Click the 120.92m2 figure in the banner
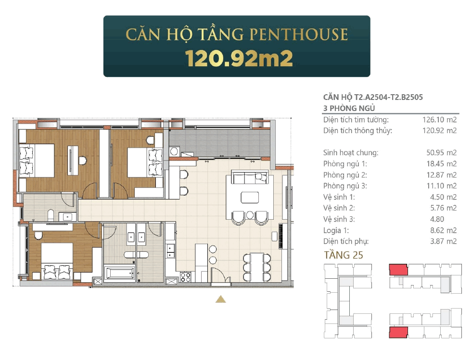pyautogui.click(x=239, y=58)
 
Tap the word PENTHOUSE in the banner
pyautogui.click(x=299, y=34)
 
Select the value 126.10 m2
pyautogui.click(x=439, y=120)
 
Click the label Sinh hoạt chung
pyautogui.click(x=351, y=153)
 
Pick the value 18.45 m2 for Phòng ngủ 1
pyautogui.click(x=441, y=163)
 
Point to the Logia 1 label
pyautogui.click(x=336, y=230)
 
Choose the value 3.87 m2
pyautogui.click(x=443, y=241)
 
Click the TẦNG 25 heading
pyautogui.click(x=344, y=255)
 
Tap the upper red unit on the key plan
pyautogui.click(x=398, y=270)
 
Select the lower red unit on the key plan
pyautogui.click(x=398, y=333)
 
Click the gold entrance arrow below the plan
pyautogui.click(x=221, y=299)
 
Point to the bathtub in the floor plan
pyautogui.click(x=119, y=273)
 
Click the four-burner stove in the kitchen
pyautogui.click(x=185, y=277)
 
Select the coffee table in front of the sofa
pyautogui.click(x=250, y=198)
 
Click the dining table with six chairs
pyautogui.click(x=257, y=267)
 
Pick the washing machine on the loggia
pyautogui.click(x=174, y=151)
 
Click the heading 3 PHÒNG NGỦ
pyautogui.click(x=349, y=108)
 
